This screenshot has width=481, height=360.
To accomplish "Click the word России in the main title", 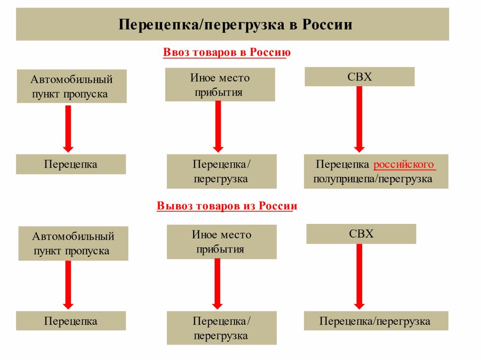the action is (x=327, y=24).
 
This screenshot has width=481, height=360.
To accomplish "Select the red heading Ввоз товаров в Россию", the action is (x=227, y=52).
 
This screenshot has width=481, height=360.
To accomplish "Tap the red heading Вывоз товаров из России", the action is (x=227, y=206).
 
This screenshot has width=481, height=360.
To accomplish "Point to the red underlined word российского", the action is (x=403, y=164).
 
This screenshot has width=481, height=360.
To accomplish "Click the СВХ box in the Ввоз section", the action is (x=359, y=77).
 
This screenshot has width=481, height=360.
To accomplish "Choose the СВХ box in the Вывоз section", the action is (x=361, y=234).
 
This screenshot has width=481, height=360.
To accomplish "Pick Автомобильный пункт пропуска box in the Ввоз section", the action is (x=71, y=86).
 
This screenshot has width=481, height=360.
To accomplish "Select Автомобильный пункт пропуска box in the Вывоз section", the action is (x=73, y=244).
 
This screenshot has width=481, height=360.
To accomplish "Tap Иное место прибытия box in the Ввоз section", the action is (x=220, y=84).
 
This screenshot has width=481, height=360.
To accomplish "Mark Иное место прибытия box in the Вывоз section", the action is (x=222, y=242).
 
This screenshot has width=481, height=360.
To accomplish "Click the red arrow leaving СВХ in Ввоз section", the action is (x=359, y=119).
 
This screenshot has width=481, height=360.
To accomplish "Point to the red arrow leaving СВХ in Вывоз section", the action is (x=359, y=276).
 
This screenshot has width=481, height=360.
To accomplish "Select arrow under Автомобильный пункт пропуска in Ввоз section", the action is (x=68, y=129).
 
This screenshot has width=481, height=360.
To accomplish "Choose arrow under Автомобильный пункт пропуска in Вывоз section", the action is (x=68, y=285).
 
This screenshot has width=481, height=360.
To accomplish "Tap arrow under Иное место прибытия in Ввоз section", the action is (x=218, y=127).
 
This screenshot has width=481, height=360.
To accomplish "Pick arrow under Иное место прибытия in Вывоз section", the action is (x=217, y=283).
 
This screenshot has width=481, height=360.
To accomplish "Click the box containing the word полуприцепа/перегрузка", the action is (x=376, y=171).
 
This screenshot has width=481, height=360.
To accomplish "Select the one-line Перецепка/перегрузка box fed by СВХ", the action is (x=376, y=321).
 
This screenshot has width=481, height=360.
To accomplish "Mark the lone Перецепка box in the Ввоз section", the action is (x=71, y=164).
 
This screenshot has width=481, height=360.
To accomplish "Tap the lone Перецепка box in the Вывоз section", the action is (x=71, y=321).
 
